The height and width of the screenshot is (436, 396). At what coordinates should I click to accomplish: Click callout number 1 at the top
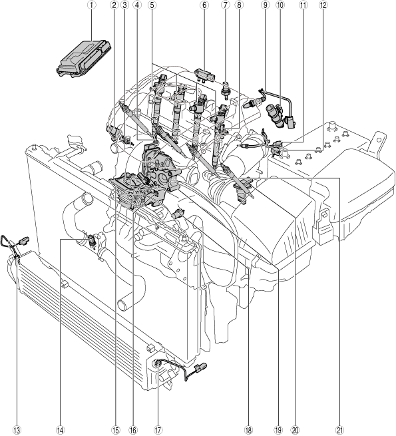[x=92, y=5]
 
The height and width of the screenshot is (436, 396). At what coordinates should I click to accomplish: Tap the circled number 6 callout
[x=204, y=5]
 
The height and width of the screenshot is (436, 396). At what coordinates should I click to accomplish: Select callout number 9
[x=266, y=5]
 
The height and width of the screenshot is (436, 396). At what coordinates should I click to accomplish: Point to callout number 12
[x=323, y=5]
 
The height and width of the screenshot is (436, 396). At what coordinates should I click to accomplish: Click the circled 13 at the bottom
[x=17, y=430]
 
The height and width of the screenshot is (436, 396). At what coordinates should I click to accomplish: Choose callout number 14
[x=60, y=430]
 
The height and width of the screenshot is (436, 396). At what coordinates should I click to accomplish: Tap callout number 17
[x=158, y=430]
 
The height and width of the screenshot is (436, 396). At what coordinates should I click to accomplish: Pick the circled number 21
[x=339, y=430]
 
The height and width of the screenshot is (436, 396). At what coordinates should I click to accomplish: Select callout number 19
[x=278, y=430]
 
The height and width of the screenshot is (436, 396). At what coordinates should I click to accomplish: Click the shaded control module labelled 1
[x=84, y=58]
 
